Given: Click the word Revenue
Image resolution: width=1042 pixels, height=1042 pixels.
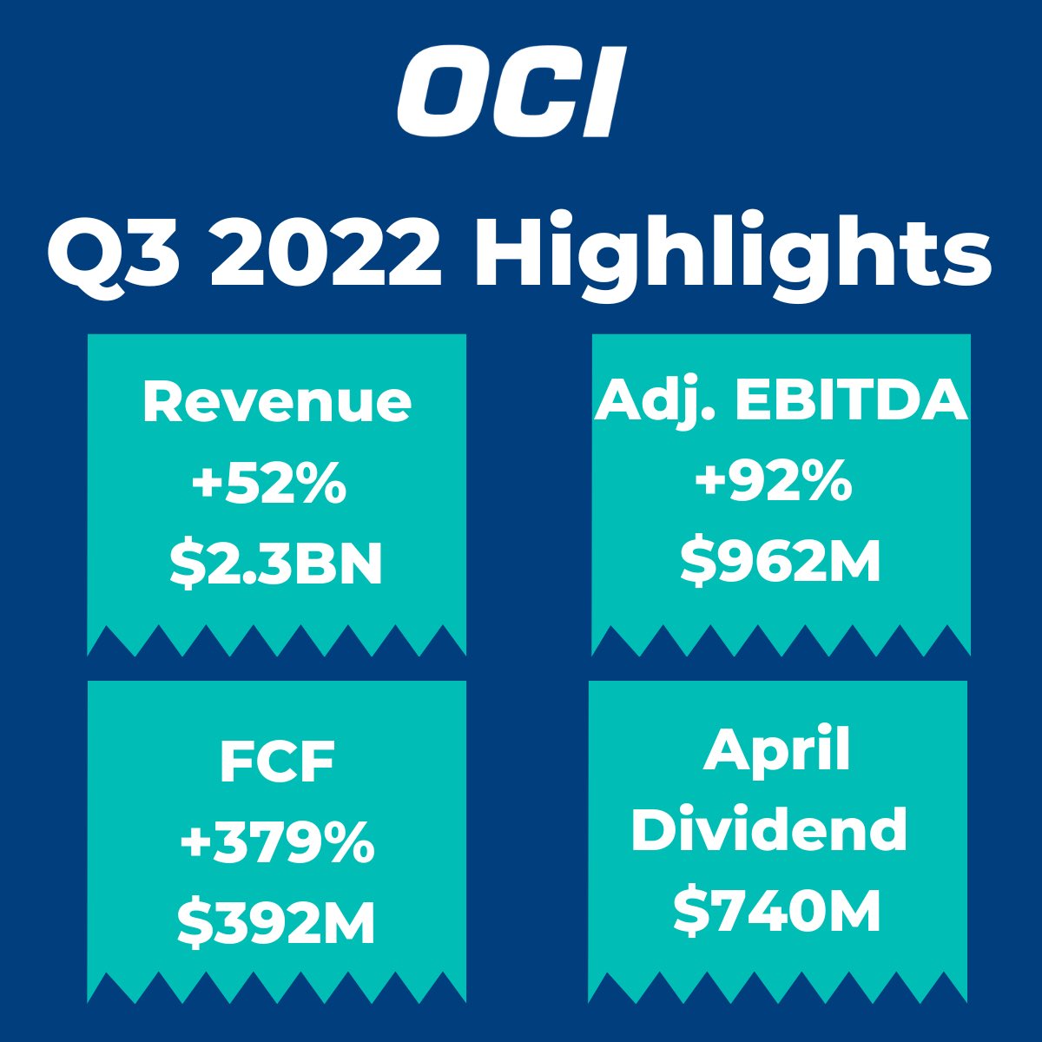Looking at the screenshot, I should (x=277, y=402).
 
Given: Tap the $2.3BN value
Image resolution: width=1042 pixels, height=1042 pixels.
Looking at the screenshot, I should (x=276, y=564).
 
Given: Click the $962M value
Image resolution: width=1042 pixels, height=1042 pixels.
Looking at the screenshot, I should (x=780, y=562).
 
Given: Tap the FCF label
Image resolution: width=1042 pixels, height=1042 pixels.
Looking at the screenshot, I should (x=277, y=762).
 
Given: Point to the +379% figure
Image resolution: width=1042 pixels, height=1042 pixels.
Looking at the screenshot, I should (x=277, y=842).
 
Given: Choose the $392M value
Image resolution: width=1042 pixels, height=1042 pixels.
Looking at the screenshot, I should (x=277, y=923).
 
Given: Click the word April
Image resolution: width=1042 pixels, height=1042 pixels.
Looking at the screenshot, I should (x=776, y=752).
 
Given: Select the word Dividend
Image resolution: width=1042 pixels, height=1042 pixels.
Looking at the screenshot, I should (x=769, y=829).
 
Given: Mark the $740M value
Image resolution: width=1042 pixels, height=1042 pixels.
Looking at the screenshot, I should (x=778, y=911).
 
